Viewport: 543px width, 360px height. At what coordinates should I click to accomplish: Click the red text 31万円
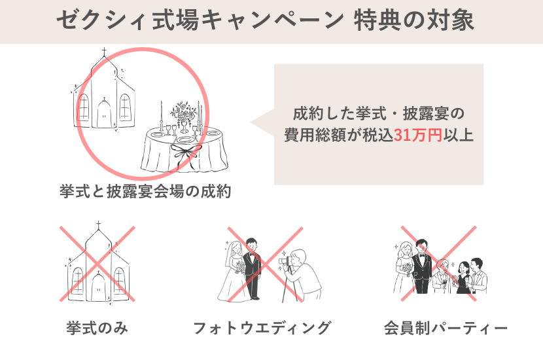click(x=418, y=135)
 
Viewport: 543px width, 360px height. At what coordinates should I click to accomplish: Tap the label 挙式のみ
click(x=97, y=328)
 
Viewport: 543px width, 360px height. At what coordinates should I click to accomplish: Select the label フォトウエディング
click(x=262, y=328)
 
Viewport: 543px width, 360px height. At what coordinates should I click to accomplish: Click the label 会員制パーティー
click(x=446, y=328)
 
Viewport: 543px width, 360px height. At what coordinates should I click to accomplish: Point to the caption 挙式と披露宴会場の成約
click(x=145, y=191)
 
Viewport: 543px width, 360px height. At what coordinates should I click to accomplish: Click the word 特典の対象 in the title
click(x=413, y=20)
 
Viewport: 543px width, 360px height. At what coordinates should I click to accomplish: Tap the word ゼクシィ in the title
click(x=100, y=20)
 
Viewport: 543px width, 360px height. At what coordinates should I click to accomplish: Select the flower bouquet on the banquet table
click(x=183, y=111)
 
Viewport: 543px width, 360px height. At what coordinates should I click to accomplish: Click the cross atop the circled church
click(x=104, y=52)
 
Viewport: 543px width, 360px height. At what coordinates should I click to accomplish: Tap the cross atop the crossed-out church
click(x=98, y=225)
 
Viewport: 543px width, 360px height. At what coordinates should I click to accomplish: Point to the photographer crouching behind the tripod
click(x=305, y=274)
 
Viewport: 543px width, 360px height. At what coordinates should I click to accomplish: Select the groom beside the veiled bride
click(x=252, y=268)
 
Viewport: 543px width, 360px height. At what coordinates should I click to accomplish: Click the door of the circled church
click(x=104, y=114)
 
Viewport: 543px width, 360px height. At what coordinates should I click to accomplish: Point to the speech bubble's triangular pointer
click(x=262, y=122)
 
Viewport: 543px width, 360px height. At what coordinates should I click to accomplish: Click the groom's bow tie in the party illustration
click(x=421, y=256)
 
